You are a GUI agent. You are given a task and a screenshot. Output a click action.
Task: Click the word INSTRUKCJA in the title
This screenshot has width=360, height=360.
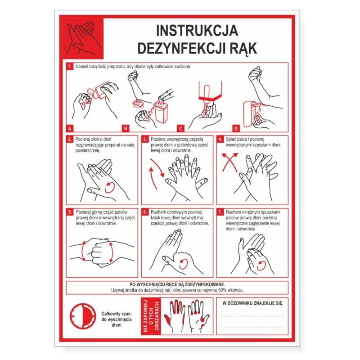[x=197, y=31]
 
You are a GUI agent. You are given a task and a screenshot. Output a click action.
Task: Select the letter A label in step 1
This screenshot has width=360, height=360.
[x=70, y=129]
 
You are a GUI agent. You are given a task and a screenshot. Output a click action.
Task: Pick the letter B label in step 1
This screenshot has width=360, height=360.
[x=126, y=129]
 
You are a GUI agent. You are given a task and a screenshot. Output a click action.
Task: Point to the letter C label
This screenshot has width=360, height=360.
[x=181, y=129]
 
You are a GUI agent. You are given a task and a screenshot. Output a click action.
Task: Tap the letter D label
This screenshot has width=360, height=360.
[x=236, y=129]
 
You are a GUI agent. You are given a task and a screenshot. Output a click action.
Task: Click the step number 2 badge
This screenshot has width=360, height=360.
[x=70, y=139]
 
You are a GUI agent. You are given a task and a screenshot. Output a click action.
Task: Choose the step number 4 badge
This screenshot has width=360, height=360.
[x=220, y=139]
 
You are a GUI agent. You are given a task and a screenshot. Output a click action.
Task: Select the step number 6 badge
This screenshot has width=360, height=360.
[x=145, y=212]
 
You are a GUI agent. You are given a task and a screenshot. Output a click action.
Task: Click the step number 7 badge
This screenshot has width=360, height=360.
[x=220, y=212]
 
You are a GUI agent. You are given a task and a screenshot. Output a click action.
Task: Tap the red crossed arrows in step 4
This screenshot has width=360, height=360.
[x=230, y=163]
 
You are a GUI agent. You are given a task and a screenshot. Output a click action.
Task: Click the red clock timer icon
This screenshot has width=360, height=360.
[x=83, y=316]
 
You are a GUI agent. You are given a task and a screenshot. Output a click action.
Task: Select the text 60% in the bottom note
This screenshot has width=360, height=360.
[x=222, y=290]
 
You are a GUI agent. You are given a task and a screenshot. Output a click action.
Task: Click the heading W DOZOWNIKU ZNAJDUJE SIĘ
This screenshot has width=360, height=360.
[x=252, y=303]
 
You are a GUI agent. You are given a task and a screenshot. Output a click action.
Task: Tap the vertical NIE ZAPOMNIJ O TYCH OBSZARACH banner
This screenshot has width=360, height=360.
[x=151, y=316]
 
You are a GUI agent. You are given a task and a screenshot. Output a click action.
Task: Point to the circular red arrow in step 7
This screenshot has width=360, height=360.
[x=262, y=265]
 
